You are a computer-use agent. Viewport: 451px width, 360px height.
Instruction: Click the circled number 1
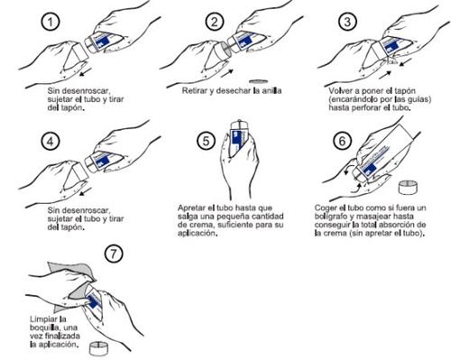pos(51,22)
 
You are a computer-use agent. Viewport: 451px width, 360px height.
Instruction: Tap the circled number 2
pos(215,22)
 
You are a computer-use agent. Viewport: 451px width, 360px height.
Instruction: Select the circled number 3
pos(347,22)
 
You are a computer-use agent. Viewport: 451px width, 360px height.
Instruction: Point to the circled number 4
pos(51,141)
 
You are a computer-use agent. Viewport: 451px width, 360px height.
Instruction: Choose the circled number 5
pos(206,141)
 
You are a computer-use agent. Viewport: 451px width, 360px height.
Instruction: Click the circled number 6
pos(343,141)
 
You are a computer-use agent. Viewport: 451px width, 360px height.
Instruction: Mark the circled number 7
pos(114,254)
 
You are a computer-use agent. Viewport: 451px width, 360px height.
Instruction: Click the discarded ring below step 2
pos(258,81)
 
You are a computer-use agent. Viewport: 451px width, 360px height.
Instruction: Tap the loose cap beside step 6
pos(408,187)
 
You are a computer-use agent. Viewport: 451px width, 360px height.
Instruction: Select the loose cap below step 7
pos(98,349)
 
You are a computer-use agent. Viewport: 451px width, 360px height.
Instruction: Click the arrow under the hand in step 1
pos(86,72)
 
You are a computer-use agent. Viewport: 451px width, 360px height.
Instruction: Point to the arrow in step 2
pos(227,72)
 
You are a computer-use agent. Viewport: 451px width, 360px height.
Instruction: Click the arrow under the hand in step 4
pos(86,191)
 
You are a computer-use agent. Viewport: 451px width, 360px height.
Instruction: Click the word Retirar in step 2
pos(195,90)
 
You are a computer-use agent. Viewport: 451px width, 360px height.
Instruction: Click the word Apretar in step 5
pos(190,208)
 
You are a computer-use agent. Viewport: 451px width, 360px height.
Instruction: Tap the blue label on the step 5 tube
pos(237,140)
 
